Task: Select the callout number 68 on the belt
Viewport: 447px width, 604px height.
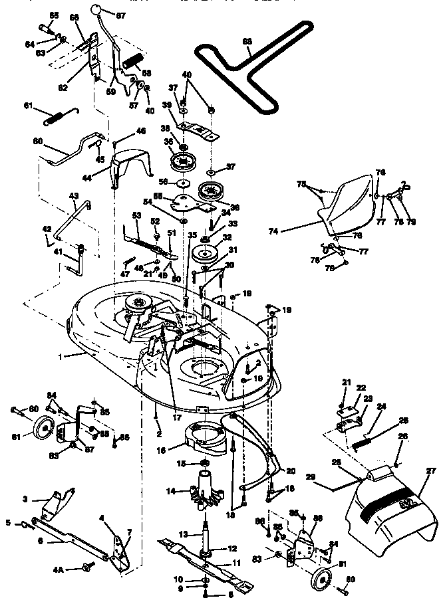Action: [x=247, y=42]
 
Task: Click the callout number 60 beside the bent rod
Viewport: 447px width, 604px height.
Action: [x=37, y=141]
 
